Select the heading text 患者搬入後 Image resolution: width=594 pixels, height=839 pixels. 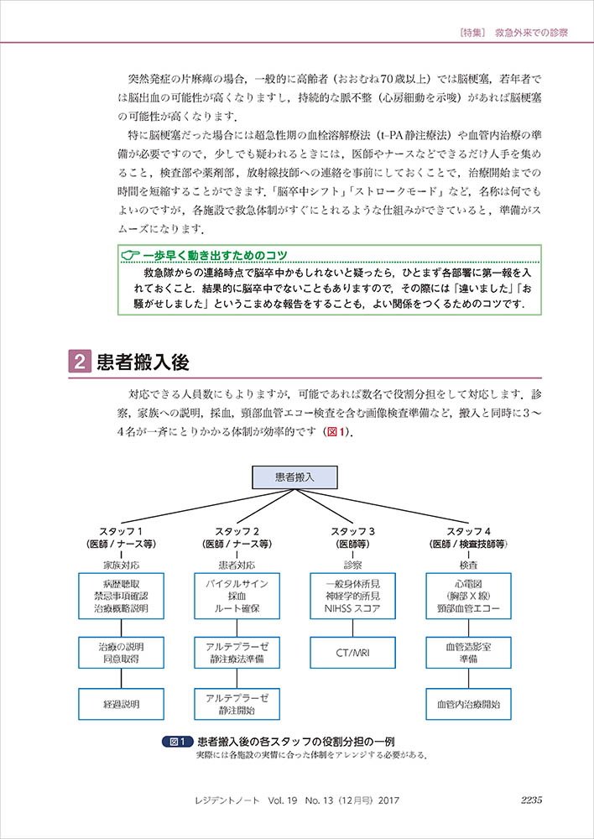click(x=142, y=362)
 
